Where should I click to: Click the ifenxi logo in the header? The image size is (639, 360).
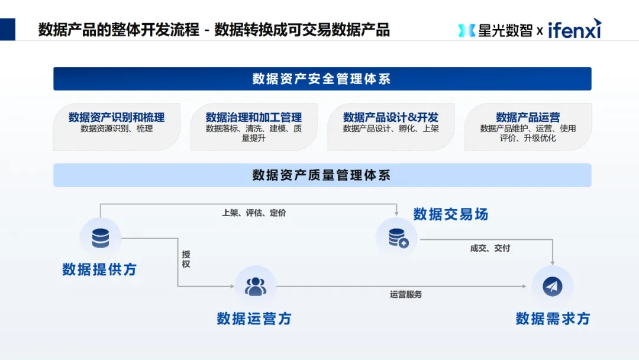pos(574,29)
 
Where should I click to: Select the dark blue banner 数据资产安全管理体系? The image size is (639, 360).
pos(322,79)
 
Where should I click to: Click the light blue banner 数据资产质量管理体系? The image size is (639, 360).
pos(322,175)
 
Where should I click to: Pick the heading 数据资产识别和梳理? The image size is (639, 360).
pos(117,117)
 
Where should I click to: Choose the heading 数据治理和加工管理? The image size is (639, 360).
pos(254,117)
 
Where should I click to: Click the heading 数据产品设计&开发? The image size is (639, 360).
pos(390,117)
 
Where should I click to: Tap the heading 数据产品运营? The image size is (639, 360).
pos(528,117)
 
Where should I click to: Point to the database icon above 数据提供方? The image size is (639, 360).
pos(100,238)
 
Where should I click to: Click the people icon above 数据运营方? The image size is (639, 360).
pos(256,286)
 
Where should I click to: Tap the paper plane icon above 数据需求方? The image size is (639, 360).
pos(552,287)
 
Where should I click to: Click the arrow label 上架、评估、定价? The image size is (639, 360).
pos(254,213)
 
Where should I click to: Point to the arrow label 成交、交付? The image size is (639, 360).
pos(490,248)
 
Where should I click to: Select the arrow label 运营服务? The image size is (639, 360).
pos(406,294)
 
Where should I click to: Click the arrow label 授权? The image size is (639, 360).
pos(186,259)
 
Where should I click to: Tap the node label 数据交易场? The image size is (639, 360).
pos(451,214)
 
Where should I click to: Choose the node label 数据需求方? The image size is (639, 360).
pos(553,319)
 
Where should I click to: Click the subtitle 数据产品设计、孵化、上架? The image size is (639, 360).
pos(390,128)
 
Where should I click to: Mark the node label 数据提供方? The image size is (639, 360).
pos(99,269)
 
